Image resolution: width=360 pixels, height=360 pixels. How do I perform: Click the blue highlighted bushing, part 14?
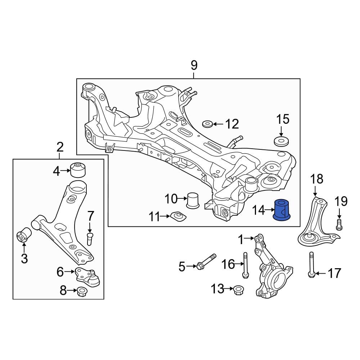[x=282, y=210]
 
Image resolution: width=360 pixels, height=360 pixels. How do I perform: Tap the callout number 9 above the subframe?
[x=194, y=66]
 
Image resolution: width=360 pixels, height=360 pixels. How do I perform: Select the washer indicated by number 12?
[x=207, y=124]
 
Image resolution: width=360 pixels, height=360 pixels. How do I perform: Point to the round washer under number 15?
[x=281, y=141]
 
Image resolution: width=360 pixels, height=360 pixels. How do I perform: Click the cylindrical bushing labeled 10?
[x=193, y=201]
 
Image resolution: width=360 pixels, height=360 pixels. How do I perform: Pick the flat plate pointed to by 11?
[x=178, y=216]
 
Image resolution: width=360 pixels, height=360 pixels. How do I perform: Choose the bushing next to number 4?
[x=78, y=170]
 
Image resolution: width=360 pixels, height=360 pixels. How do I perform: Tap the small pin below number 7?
[x=90, y=239]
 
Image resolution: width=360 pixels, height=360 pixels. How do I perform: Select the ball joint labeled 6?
[x=88, y=278]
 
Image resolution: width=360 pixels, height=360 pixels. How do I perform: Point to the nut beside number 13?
[x=238, y=290]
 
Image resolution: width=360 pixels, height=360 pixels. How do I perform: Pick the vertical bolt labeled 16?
[x=246, y=265]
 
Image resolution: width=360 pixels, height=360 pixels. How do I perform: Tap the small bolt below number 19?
[x=339, y=225]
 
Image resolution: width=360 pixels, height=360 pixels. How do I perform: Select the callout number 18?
[x=317, y=179]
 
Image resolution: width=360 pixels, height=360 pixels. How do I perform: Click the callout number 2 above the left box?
[x=60, y=147]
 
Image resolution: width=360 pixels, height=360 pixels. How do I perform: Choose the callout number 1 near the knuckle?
[x=241, y=239]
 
